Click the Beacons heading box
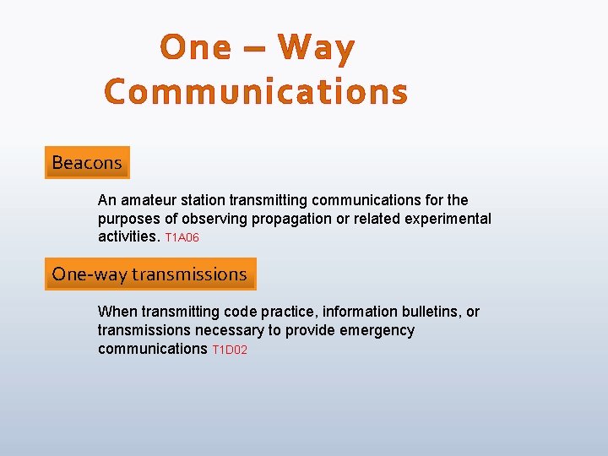point(87,162)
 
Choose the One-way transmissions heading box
point(149,274)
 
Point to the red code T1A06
point(182,238)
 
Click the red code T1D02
point(230,350)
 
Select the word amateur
point(149,200)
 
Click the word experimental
point(450,219)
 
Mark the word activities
point(128,237)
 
